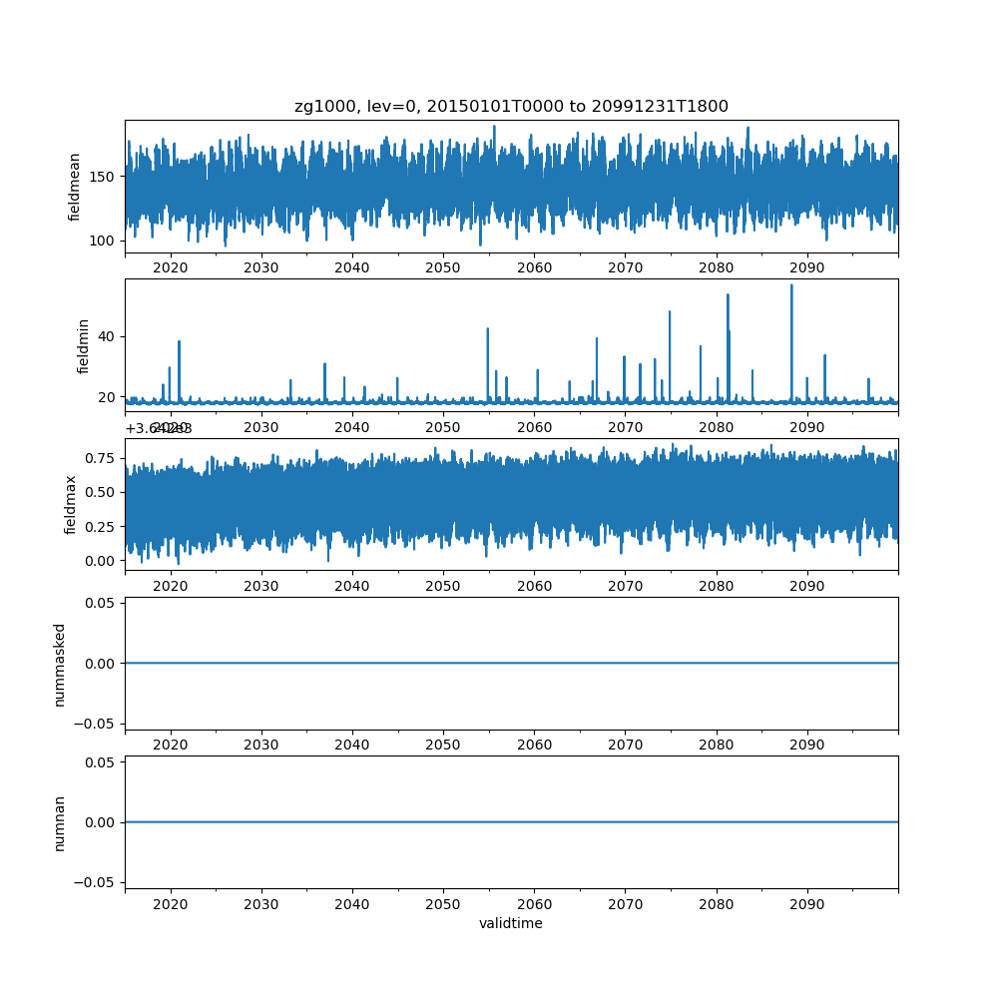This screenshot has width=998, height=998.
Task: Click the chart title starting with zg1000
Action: point(511,107)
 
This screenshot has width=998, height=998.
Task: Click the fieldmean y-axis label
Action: point(74,187)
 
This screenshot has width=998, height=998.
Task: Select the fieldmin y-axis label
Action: point(84,345)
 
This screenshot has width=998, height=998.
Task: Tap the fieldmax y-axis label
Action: point(71,504)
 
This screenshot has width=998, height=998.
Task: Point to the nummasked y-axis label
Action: point(60,664)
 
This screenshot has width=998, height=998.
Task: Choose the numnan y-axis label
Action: point(60,822)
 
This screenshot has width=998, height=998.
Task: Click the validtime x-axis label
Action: point(511,924)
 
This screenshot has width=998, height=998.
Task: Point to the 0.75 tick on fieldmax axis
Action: point(103,458)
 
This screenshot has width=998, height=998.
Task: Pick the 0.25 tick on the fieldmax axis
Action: point(103,527)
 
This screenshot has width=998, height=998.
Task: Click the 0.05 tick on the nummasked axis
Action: point(103,603)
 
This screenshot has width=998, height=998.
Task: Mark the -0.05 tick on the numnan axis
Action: point(99,882)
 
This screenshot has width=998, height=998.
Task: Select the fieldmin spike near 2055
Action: point(487,329)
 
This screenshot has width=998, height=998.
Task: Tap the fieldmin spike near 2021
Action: point(180,342)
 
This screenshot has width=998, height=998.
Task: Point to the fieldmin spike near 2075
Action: point(670,312)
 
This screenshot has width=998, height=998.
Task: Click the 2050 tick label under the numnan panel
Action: point(443,905)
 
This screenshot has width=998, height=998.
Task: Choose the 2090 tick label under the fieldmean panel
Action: point(806,268)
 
